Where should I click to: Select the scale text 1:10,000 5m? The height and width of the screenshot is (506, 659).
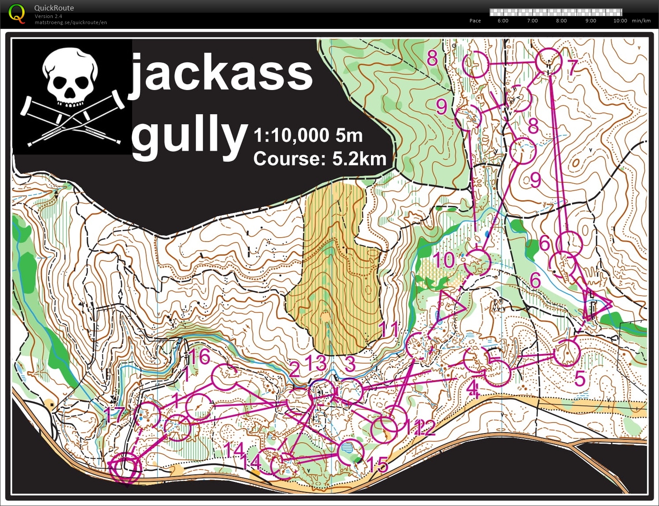click(x=308, y=135)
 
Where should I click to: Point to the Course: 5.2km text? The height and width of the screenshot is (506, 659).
click(x=319, y=159)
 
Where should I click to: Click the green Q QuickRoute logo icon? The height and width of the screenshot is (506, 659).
click(x=17, y=13)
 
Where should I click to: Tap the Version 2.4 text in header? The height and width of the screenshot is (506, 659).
click(x=48, y=16)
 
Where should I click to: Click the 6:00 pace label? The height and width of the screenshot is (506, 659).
click(x=503, y=21)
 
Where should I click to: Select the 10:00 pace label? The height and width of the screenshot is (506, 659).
click(x=620, y=21)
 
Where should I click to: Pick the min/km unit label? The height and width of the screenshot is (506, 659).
click(x=641, y=21)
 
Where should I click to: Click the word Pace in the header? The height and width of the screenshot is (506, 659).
click(x=475, y=21)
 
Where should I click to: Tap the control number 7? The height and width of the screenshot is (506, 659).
click(x=572, y=67)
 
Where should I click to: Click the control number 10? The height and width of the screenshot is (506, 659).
click(x=444, y=260)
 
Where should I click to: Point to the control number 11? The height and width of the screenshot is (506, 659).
click(x=388, y=329)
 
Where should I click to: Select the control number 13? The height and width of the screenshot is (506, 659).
click(x=316, y=363)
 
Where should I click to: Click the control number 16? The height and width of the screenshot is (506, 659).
click(x=199, y=357)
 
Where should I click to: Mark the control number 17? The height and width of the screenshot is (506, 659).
click(x=114, y=415)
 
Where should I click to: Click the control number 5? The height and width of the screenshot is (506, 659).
click(x=580, y=379)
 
